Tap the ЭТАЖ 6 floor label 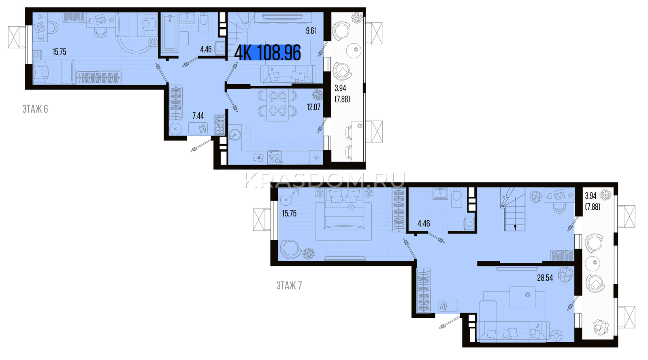tap(35, 109)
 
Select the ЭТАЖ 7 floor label tap(289, 285)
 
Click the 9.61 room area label tap(311, 31)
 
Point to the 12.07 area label tap(313, 107)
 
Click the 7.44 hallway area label tap(198, 116)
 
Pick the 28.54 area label tap(545, 278)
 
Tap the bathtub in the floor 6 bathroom tap(169, 33)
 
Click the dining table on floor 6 tap(277, 105)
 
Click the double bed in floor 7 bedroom tap(344, 209)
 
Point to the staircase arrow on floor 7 tap(515, 227)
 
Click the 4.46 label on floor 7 tap(424, 223)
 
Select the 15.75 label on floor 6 tap(59, 52)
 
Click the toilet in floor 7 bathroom tap(456, 198)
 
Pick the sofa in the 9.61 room tap(288, 75)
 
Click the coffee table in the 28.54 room tap(522, 297)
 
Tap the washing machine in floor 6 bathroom tap(220, 48)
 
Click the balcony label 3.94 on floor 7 tap(591, 196)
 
